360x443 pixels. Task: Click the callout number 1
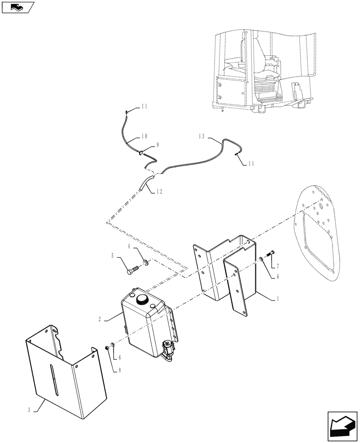click(x=278, y=299)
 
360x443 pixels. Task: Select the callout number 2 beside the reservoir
click(x=100, y=319)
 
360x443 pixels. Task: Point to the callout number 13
click(x=202, y=137)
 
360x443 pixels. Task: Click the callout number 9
click(x=157, y=145)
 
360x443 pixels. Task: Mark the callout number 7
click(x=278, y=266)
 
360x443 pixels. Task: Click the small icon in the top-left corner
click(x=17, y=7)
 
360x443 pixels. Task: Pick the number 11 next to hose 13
click(x=251, y=163)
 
